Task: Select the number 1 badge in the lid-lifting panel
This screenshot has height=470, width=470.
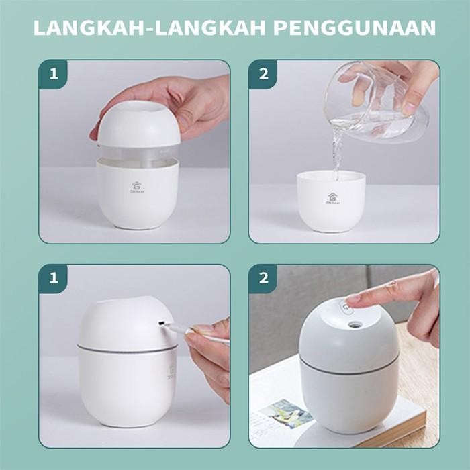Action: coord(53,75)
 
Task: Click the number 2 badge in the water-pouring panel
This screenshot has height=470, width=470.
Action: coord(263,75)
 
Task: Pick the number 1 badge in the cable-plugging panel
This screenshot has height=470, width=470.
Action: coord(53,279)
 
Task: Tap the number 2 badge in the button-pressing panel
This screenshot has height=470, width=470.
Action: coord(263,279)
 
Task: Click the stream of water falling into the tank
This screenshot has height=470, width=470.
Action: coord(336,151)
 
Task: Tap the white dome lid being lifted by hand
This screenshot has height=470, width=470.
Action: coord(139,124)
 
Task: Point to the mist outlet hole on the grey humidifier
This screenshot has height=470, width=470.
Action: coord(355,324)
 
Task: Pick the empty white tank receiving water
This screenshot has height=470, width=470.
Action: coord(332,201)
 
